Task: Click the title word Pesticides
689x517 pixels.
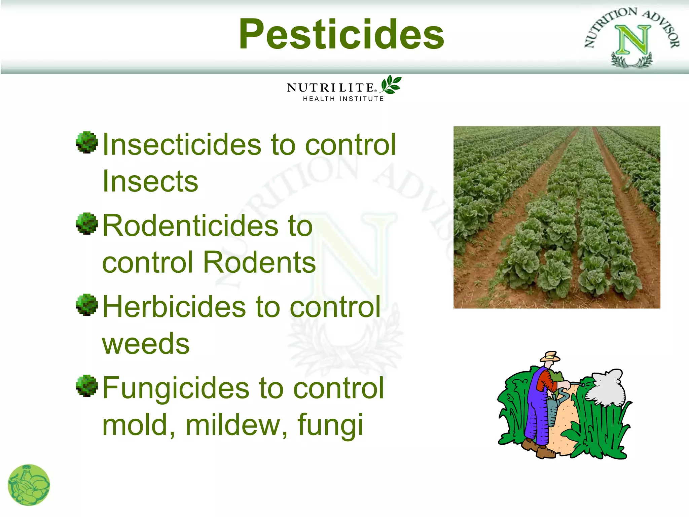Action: coord(341,34)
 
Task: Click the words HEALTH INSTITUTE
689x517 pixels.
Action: coord(343,99)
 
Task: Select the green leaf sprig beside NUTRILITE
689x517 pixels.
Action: coord(391,84)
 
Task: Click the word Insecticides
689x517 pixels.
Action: coord(182,145)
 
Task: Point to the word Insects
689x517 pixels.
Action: coord(150,182)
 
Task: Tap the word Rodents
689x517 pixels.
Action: coord(259,263)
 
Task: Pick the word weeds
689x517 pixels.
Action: coord(146,344)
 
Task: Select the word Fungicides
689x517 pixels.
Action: coord(176,388)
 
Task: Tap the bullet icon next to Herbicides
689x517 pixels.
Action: coord(87,305)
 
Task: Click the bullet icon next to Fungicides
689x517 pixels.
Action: coord(87,386)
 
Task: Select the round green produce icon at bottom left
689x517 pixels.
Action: coord(29,485)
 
